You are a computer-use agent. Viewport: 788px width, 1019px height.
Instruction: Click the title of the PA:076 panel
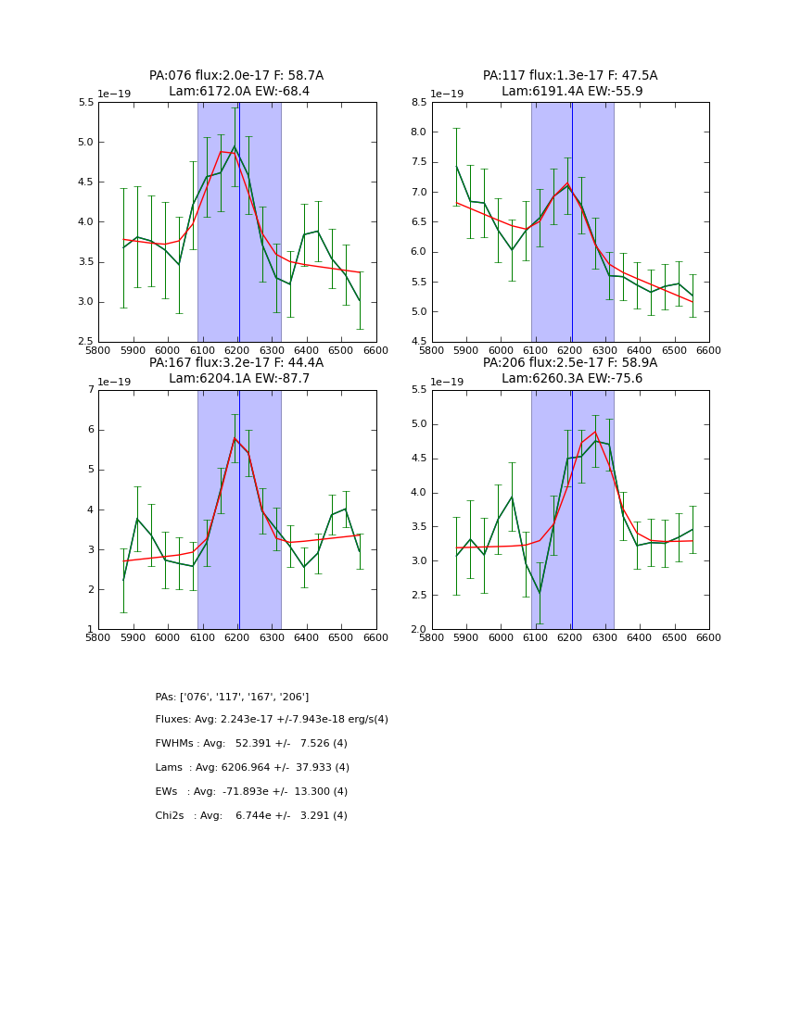point(236,83)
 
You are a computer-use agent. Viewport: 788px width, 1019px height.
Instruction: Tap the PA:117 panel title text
point(570,83)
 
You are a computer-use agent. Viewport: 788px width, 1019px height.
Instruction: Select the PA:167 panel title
point(236,371)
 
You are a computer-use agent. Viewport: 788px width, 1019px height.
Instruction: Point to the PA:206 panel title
point(570,371)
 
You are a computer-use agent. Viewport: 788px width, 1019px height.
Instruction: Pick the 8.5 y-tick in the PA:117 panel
point(418,103)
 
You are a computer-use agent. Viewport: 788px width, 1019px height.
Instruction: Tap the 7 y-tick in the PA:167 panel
point(90,390)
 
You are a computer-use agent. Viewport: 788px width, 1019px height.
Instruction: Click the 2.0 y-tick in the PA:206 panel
point(418,630)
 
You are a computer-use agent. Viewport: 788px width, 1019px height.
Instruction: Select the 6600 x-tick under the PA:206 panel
point(708,638)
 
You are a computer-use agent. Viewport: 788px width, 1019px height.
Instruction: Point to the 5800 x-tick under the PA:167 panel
point(98,638)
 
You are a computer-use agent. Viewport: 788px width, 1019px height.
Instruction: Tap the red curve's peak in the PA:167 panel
point(235,437)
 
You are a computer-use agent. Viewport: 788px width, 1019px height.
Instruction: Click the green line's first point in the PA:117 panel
point(456,166)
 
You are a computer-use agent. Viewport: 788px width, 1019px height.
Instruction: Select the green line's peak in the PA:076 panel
point(235,146)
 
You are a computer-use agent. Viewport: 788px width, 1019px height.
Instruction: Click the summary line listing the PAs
point(232,697)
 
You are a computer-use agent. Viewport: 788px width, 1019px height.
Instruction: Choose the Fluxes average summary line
point(272,720)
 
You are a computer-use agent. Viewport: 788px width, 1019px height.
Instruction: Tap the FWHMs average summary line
point(251,744)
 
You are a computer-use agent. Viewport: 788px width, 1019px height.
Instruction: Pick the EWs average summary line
point(251,792)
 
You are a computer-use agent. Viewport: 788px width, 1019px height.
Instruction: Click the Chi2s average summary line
point(251,816)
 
